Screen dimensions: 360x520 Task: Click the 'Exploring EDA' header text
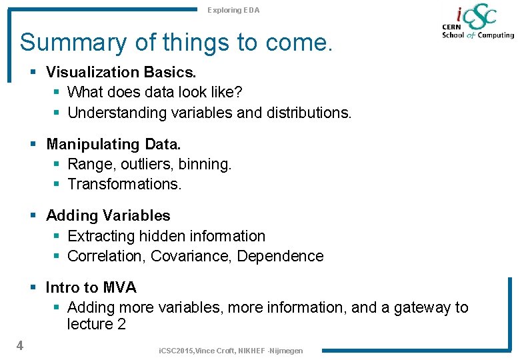(233, 10)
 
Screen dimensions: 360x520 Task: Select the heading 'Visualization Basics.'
(121, 71)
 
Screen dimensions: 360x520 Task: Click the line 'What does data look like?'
(155, 92)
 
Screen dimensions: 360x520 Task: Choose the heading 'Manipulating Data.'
(113, 144)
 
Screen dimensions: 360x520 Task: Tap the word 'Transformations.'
(124, 184)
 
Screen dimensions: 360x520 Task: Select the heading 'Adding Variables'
(108, 215)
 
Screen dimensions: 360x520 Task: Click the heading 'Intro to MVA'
(91, 287)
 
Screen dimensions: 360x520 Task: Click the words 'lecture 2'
(96, 325)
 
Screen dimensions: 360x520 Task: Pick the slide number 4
(20, 345)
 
